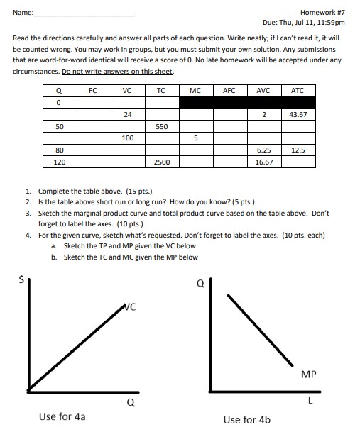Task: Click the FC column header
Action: pos(92,90)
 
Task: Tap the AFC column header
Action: pos(229,90)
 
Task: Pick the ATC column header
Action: pos(297,90)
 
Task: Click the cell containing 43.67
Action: pos(298,113)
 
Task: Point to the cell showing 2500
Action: pos(161,162)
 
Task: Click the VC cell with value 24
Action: pos(127,113)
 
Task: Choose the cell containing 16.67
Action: pos(263,162)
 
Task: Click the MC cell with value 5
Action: pos(195,138)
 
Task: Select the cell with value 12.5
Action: pos(298,150)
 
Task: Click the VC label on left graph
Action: pos(129,307)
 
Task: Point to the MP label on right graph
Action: pos(309,373)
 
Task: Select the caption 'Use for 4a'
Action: pos(62,416)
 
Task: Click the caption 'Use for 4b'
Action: pos(246,419)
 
